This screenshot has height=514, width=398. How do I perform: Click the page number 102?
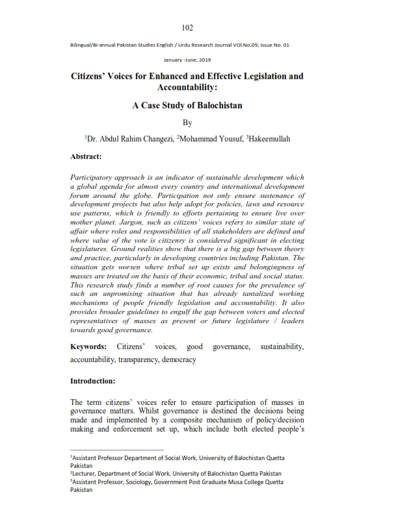tap(187, 27)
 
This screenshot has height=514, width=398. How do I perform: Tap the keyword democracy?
tap(178, 359)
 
